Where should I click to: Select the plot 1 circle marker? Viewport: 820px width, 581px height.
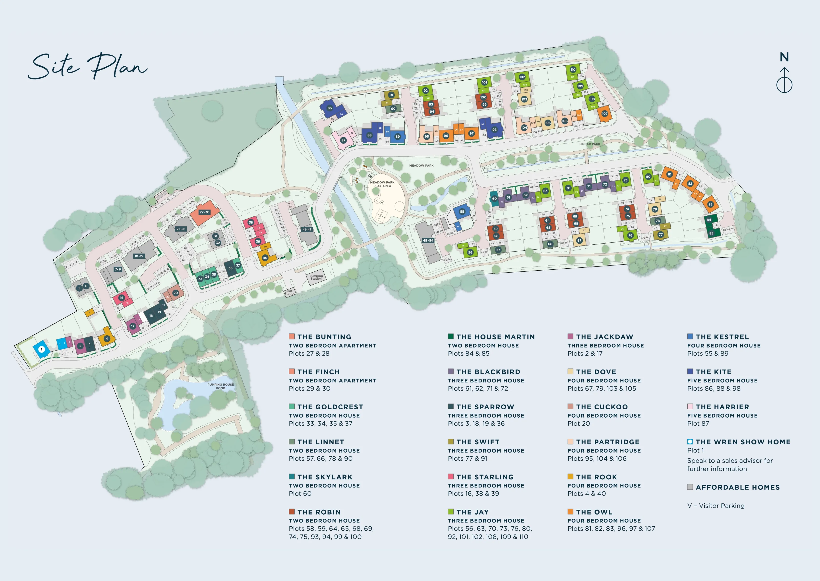41,349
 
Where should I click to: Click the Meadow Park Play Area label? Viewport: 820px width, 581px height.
382,184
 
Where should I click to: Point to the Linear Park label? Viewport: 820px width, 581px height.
589,144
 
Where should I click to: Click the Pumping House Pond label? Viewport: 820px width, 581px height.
221,386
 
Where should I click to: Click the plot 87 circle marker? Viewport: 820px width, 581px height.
343,140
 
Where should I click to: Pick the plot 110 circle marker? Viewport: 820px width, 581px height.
573,70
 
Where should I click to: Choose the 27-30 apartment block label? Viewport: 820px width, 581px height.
205,212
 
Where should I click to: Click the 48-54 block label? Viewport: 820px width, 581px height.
428,240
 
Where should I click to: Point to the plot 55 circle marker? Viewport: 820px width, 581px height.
462,211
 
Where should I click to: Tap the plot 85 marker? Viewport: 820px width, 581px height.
711,233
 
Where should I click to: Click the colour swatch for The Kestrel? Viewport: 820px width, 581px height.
690,337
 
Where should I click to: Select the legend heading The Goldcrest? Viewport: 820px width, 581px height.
330,407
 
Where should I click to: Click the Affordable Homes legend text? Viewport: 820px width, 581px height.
738,487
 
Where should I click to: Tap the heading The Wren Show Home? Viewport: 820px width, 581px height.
743,442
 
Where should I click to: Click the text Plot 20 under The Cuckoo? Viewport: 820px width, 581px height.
578,423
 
